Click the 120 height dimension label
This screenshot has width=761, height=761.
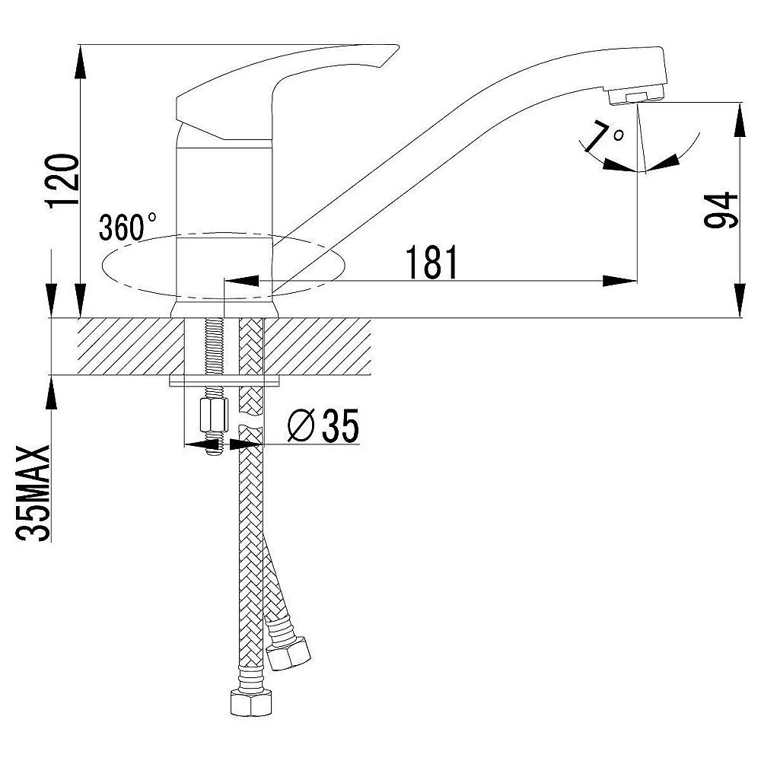click(62, 180)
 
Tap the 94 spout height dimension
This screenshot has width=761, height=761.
click(721, 210)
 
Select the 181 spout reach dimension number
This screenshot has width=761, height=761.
click(431, 262)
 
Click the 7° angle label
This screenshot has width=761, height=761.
click(605, 136)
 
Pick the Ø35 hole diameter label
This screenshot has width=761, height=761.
click(323, 425)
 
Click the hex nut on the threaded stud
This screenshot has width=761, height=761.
click(214, 415)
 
